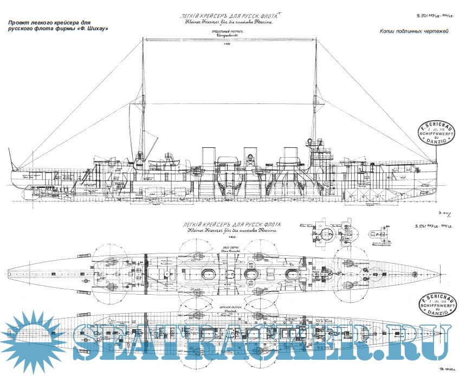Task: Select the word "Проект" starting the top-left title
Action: [21, 22]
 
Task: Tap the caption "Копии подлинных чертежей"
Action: [414, 33]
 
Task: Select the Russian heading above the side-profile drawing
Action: [230, 18]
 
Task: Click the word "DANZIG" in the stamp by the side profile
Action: [437, 142]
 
